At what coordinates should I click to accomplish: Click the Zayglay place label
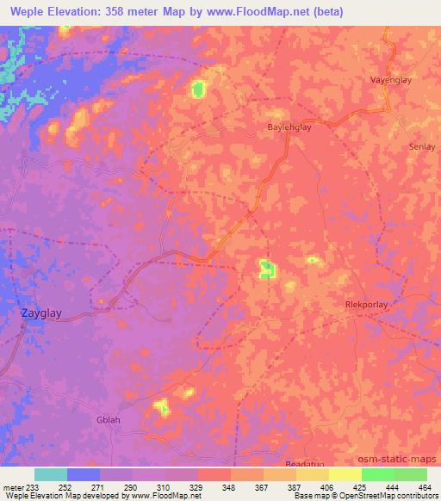click(40, 315)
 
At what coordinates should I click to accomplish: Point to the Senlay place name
click(421, 147)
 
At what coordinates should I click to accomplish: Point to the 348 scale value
click(227, 486)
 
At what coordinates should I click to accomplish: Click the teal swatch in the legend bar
click(50, 474)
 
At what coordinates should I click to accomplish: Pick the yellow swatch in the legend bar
click(345, 474)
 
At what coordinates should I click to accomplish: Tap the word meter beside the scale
click(9, 486)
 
